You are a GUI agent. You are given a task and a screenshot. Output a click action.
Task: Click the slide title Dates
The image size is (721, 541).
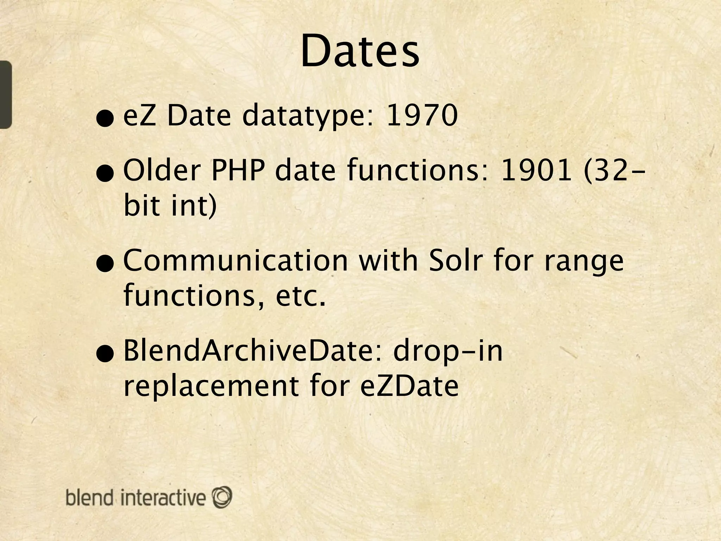click(360, 51)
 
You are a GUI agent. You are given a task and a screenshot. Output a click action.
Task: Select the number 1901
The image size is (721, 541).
click(536, 171)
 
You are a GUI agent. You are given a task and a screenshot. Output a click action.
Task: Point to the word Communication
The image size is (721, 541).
click(236, 261)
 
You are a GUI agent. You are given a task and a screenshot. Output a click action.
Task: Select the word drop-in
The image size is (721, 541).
click(448, 352)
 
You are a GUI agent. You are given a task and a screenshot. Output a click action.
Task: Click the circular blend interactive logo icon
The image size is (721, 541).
click(222, 497)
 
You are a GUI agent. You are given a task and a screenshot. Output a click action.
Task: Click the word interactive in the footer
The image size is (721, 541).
click(163, 498)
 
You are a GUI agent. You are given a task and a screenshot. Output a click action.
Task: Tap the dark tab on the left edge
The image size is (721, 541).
click(6, 94)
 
